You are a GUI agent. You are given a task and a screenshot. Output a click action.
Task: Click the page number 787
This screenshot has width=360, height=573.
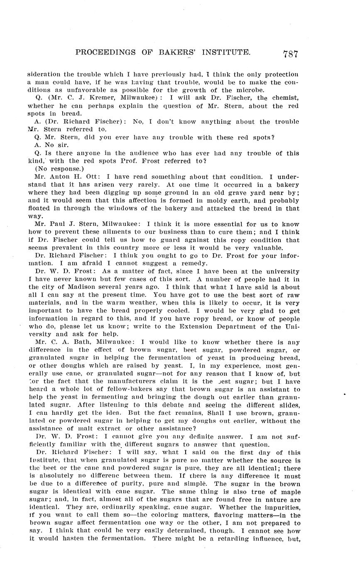tap(290, 54)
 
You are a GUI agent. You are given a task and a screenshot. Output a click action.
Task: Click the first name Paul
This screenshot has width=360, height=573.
tap(58, 224)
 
